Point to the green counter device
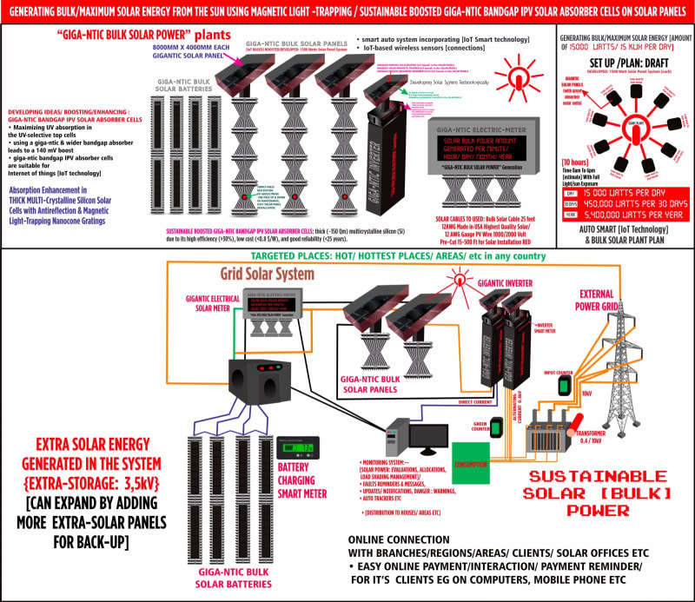(x=497, y=427)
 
